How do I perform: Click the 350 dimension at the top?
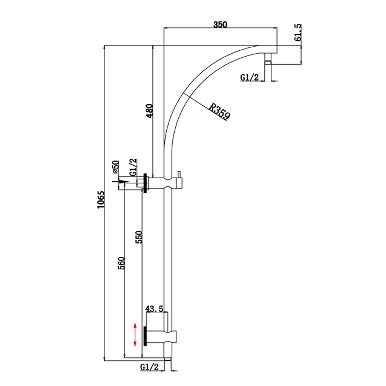(x=220, y=25)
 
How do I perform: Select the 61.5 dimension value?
(x=298, y=32)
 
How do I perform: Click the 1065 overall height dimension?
(x=101, y=200)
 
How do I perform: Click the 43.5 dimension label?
(x=154, y=309)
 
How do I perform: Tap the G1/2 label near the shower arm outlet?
(x=249, y=77)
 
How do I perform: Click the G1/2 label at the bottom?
(x=149, y=367)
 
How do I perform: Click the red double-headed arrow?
(x=135, y=334)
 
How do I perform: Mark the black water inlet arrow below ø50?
(x=120, y=182)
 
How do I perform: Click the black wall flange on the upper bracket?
(x=145, y=183)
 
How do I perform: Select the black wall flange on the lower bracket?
(x=145, y=336)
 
